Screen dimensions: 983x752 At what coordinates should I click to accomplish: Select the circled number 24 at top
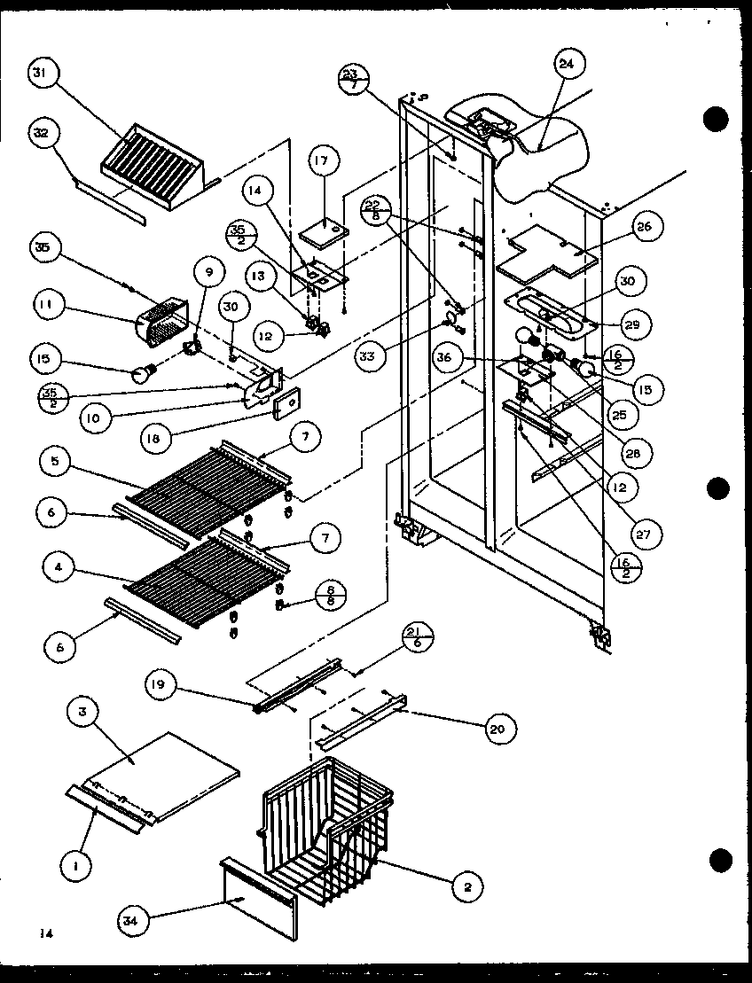click(x=567, y=64)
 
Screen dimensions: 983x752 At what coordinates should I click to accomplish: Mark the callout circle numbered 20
click(x=498, y=728)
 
